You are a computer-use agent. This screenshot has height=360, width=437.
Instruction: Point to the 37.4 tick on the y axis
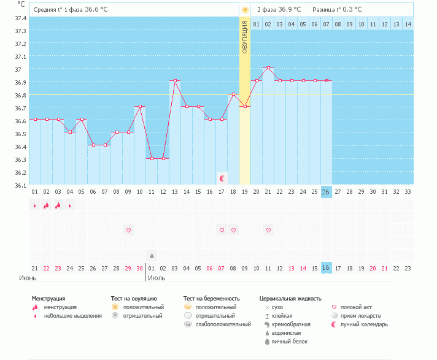(x=21, y=17)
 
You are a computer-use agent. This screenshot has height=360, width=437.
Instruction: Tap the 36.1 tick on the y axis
(x=21, y=185)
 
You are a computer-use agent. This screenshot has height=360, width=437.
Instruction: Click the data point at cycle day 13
(x=175, y=80)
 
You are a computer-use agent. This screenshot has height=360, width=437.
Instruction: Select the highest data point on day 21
(x=268, y=67)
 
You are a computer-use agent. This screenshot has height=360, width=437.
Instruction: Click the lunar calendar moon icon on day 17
(x=222, y=178)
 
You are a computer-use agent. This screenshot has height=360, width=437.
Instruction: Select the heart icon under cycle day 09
(x=128, y=230)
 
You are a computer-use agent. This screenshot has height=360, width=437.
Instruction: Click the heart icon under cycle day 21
(x=268, y=230)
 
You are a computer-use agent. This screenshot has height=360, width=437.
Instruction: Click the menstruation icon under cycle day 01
(x=35, y=205)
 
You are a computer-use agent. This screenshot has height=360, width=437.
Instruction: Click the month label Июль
(x=157, y=278)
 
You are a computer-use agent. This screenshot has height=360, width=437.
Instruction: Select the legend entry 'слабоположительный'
(x=223, y=324)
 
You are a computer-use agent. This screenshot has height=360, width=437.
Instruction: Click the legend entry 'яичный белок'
(x=290, y=342)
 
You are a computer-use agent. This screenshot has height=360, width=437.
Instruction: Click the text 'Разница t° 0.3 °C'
(x=337, y=10)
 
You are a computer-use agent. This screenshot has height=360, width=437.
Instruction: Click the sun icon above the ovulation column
(x=245, y=10)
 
